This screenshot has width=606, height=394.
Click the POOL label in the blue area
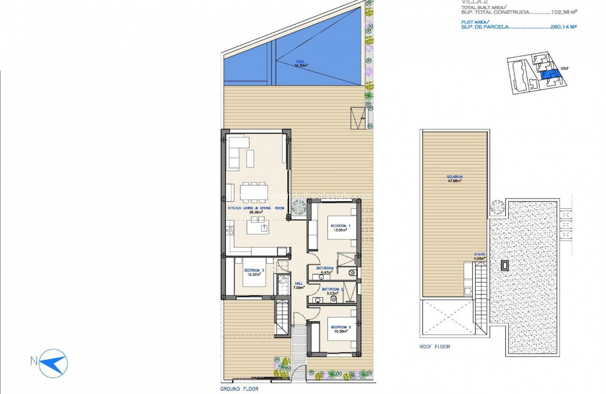(x=301, y=61)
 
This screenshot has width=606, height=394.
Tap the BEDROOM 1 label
(x=340, y=226)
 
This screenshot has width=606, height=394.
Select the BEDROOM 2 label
(x=341, y=327)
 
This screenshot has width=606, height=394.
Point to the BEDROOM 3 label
(x=254, y=271)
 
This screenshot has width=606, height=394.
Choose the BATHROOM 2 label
(x=333, y=289)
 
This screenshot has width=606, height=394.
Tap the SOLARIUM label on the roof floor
(x=454, y=177)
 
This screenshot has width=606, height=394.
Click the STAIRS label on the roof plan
(x=479, y=255)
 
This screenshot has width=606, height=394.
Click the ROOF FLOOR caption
(x=435, y=347)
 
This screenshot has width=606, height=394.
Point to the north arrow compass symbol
(x=53, y=362)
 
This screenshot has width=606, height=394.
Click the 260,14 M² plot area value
(x=564, y=27)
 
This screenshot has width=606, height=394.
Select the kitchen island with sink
(x=259, y=228)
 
